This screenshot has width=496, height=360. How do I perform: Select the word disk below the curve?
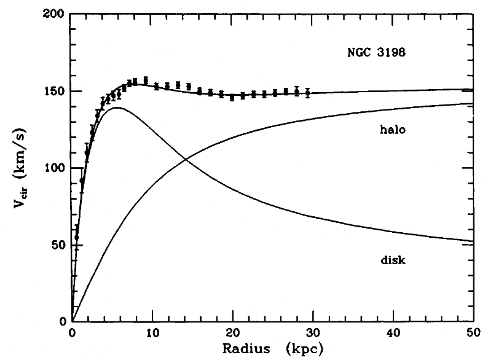coord(393,260)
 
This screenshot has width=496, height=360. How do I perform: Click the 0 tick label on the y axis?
coord(63,322)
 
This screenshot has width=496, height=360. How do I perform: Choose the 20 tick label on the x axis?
coord(232,332)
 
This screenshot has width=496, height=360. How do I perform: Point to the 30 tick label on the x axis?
coord(313,332)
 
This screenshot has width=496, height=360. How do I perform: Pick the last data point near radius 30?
coord(307,93)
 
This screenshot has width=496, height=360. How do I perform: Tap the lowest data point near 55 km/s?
coord(77,237)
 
